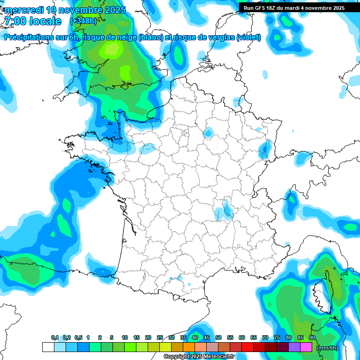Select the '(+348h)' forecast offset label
[x=83, y=21]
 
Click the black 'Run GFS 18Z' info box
[x=293, y=7]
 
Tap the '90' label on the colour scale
[x=312, y=338]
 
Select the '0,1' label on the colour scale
[x=55, y=338]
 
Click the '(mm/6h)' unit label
[x=327, y=347]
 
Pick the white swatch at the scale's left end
[x=48, y=347]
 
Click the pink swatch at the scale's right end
[x=306, y=347]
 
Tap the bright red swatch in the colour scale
[x=247, y=347]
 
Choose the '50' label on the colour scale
[x=218, y=338]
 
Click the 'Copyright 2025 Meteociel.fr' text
[x=199, y=357]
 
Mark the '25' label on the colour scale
[x=160, y=338]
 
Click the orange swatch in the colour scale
[x=189, y=347]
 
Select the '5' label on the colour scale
[x=112, y=338]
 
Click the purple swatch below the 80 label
[x=294, y=347]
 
